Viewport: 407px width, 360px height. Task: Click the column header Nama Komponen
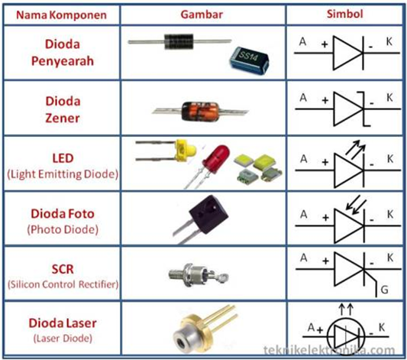pos(61,15)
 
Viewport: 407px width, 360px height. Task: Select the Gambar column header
pos(202,15)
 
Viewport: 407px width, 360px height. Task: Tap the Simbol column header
pos(344,14)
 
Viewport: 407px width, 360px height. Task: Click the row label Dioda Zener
pos(63,109)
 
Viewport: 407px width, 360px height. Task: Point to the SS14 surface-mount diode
pos(248,61)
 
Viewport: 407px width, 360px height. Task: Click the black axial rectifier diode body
pos(179,41)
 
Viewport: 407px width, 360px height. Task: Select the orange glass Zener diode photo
pos(200,111)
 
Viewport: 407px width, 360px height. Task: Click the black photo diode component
pos(208,215)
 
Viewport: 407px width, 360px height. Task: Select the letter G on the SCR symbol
pos(384,290)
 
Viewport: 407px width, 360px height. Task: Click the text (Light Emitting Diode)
pos(63,174)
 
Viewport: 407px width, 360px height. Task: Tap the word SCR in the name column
pos(63,269)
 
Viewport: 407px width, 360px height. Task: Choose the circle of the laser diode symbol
pos(346,337)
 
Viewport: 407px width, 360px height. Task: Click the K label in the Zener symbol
pos(389,98)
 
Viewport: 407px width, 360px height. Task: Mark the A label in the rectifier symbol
pos(302,41)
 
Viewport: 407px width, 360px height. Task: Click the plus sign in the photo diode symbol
pos(325,217)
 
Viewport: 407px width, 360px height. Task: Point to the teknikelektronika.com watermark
pos(329,350)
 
